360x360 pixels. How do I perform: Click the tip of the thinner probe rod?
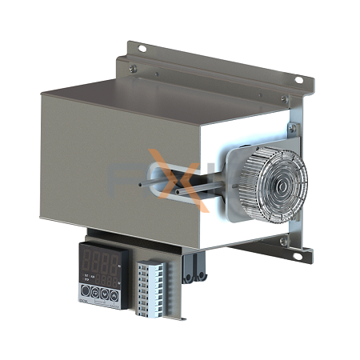[x=142, y=186]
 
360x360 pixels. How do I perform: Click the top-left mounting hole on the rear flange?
[x=142, y=49]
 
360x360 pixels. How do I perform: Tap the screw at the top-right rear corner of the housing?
[x=284, y=99]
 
